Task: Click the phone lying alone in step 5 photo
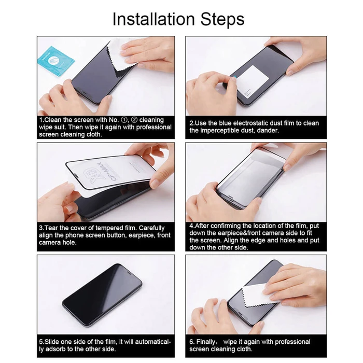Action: pos(102,295)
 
